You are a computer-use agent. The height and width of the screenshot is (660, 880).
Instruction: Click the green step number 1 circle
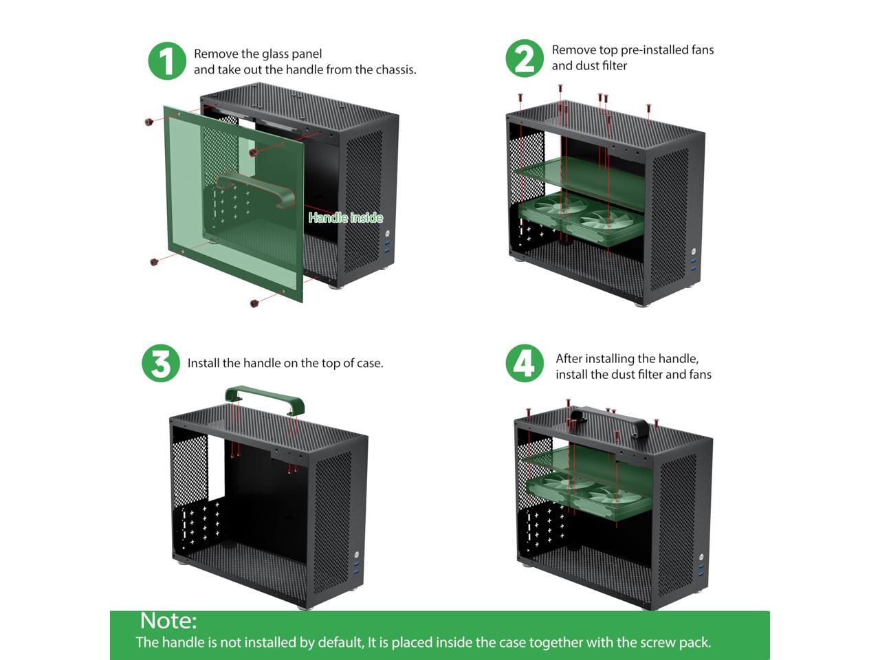point(167,61)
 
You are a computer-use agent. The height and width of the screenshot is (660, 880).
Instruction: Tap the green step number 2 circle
point(525,58)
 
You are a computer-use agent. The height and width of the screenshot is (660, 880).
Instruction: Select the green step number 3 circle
point(161,364)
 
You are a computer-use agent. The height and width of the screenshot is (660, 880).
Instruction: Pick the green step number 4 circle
point(525,364)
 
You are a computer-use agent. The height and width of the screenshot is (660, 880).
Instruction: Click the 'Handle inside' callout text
point(345,218)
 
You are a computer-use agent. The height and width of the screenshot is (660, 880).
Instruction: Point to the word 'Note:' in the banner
point(168,621)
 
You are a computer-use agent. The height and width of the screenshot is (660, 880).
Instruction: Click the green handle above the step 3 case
point(265,398)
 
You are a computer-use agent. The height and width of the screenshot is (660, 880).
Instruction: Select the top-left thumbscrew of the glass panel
point(149,122)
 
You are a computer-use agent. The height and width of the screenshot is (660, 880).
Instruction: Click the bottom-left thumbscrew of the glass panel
point(154,261)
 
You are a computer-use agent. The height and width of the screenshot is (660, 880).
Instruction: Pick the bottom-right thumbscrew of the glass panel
point(254,302)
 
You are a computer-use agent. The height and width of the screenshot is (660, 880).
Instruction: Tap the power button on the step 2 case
point(695,252)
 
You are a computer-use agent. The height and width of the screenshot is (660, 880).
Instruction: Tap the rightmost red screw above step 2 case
point(648,109)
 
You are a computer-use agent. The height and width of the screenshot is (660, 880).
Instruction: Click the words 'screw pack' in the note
point(674,643)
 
